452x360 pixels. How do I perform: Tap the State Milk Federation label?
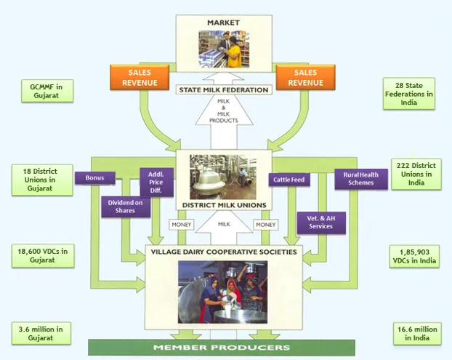[x=224, y=90]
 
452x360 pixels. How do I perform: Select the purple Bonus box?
[x=94, y=177]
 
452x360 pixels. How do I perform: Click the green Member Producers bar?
[x=222, y=348]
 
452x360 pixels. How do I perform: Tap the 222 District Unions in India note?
[x=416, y=175]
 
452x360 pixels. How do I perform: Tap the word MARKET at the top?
[x=223, y=23]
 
